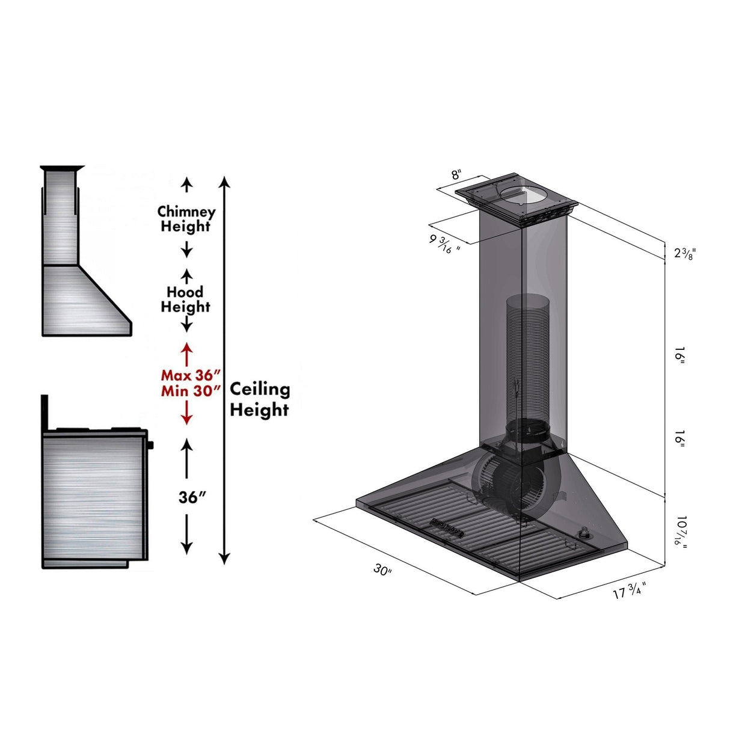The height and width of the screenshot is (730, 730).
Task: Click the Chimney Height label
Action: click(186, 219)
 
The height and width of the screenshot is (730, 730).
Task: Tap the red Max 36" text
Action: click(186, 375)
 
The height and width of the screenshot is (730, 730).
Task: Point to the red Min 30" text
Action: click(186, 391)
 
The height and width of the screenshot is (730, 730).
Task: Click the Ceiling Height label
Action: click(259, 399)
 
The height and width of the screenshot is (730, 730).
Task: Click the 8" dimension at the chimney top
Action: click(456, 175)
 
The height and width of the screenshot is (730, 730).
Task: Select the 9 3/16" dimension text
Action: click(444, 244)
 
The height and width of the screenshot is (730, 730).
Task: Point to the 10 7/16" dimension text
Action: click(681, 530)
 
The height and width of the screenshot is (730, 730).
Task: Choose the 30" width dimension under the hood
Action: click(382, 569)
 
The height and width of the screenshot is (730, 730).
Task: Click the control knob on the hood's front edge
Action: click(583, 533)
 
